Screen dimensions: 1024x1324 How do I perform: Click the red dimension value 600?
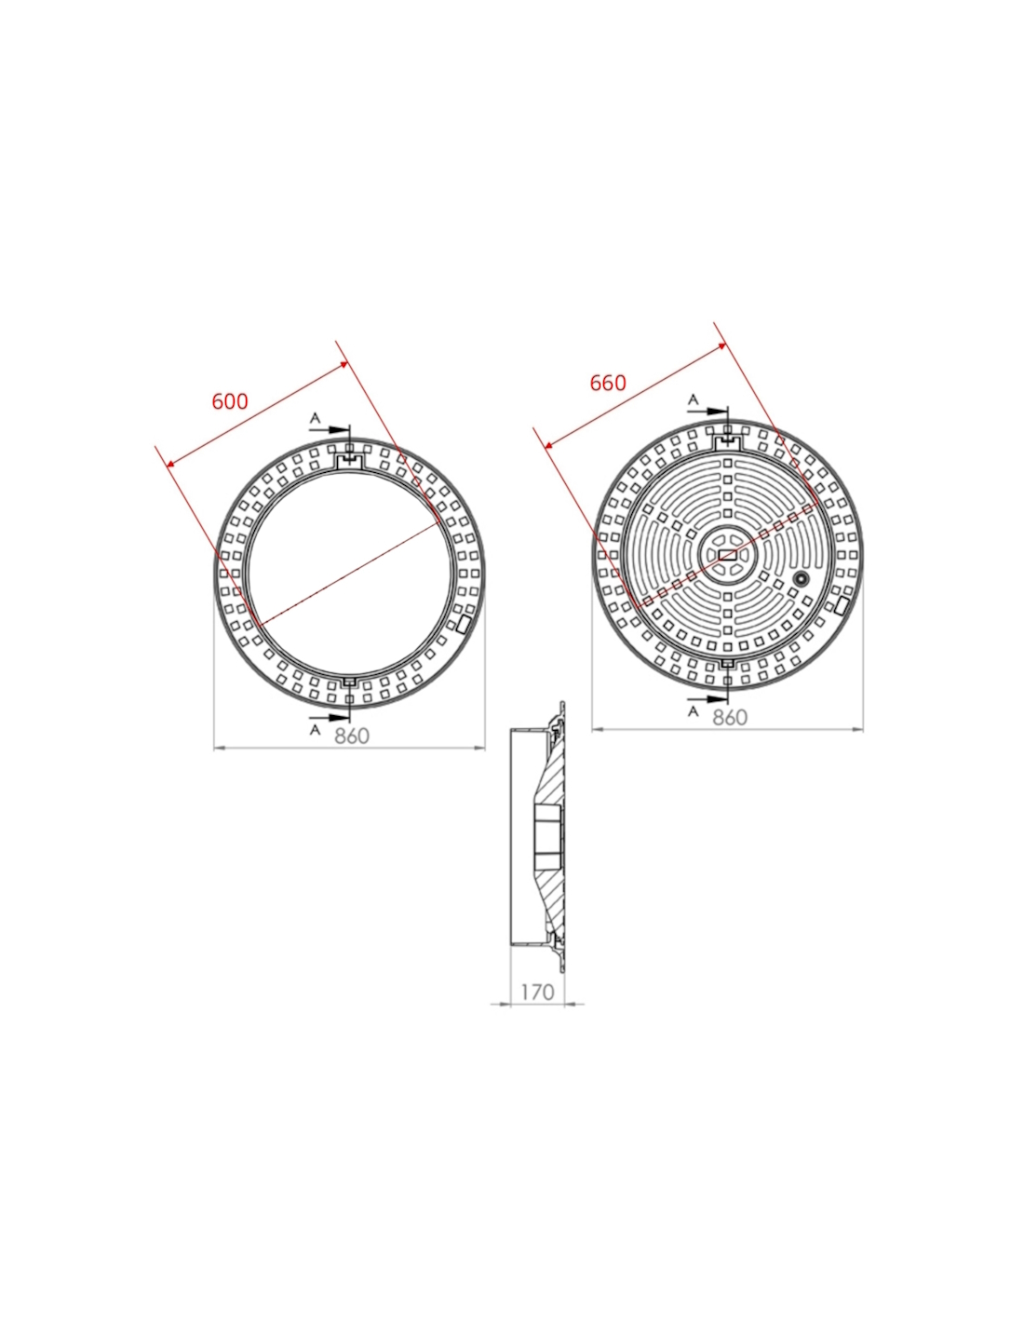click(230, 401)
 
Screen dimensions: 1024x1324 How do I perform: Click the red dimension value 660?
click(607, 383)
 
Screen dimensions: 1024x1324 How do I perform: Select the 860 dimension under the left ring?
click(352, 736)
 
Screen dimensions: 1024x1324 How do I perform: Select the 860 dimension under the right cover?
click(729, 718)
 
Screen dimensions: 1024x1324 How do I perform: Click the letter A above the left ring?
click(315, 418)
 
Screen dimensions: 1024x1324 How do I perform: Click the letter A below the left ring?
click(315, 729)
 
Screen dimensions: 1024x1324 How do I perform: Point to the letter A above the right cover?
click(694, 399)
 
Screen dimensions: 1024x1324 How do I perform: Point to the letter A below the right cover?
click(694, 711)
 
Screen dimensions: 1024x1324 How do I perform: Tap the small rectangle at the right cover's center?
click(727, 554)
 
